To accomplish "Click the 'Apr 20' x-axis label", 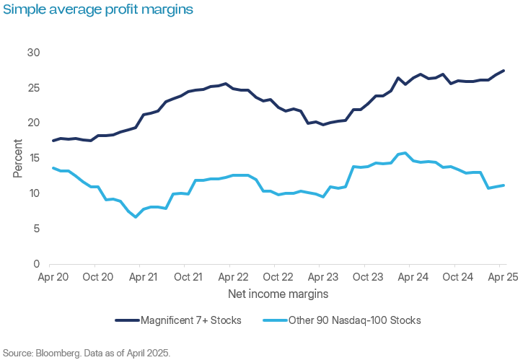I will coord(53,277).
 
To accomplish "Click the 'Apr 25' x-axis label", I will coord(500,277).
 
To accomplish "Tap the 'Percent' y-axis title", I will coord(17,158).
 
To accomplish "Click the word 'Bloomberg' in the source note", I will coord(56,353).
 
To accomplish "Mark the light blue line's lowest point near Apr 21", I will coord(136,216).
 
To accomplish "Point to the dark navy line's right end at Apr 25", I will coord(504,70).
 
